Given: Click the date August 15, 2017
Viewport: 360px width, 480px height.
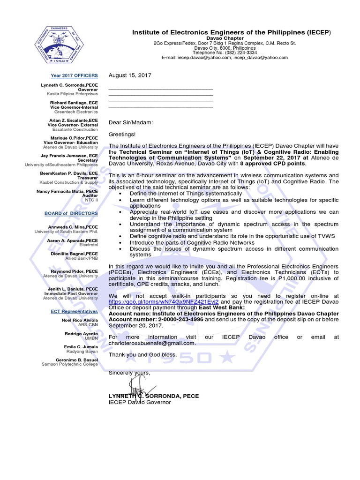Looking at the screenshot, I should (130, 75).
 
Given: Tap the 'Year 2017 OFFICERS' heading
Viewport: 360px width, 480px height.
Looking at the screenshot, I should (75, 75).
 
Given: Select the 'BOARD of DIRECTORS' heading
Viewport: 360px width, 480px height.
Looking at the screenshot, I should (71, 213).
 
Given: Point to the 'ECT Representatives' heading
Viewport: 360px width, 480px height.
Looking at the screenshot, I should (75, 311).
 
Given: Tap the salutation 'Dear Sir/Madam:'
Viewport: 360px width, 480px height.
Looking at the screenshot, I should (131, 123).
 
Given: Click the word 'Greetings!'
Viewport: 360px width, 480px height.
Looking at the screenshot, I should (122, 135).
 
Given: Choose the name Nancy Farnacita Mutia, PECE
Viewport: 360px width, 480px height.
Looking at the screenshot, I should (67, 191).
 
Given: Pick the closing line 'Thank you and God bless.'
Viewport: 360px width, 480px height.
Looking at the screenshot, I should (143, 354).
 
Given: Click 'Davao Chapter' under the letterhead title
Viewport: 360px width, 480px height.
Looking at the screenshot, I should (225, 38).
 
